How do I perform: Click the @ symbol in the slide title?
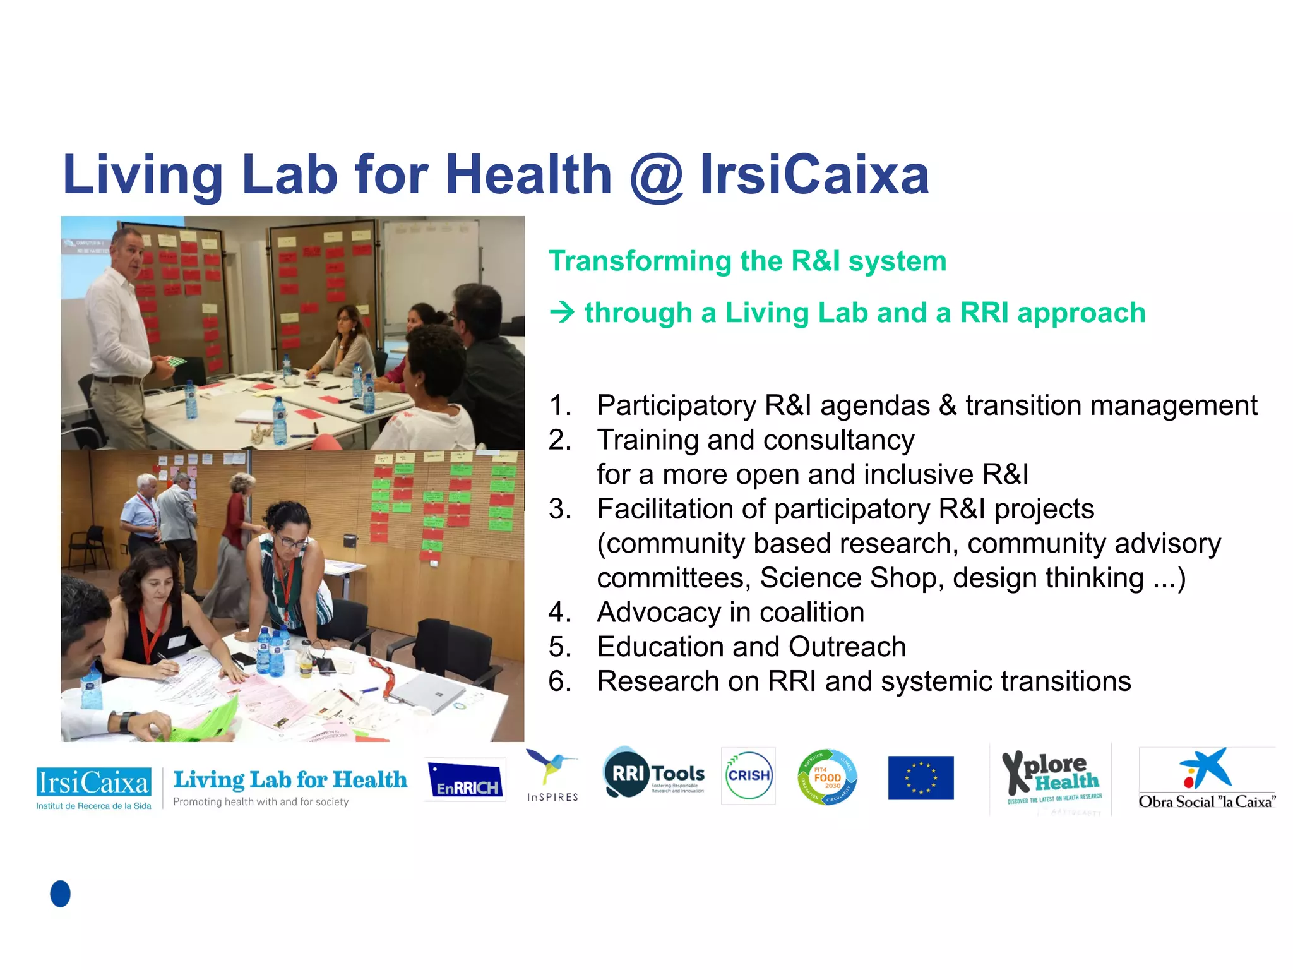pos(656,177)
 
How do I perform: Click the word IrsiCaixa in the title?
pos(814,175)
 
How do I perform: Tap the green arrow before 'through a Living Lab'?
pos(561,312)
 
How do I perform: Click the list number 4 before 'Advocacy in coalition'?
pos(559,612)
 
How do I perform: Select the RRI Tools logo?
pos(654,774)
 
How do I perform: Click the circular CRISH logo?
pos(748,775)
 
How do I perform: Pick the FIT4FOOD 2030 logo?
pos(827,777)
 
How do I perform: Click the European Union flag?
pos(921,777)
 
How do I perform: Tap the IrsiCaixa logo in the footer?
pos(93,787)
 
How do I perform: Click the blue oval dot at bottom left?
pos(61,894)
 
